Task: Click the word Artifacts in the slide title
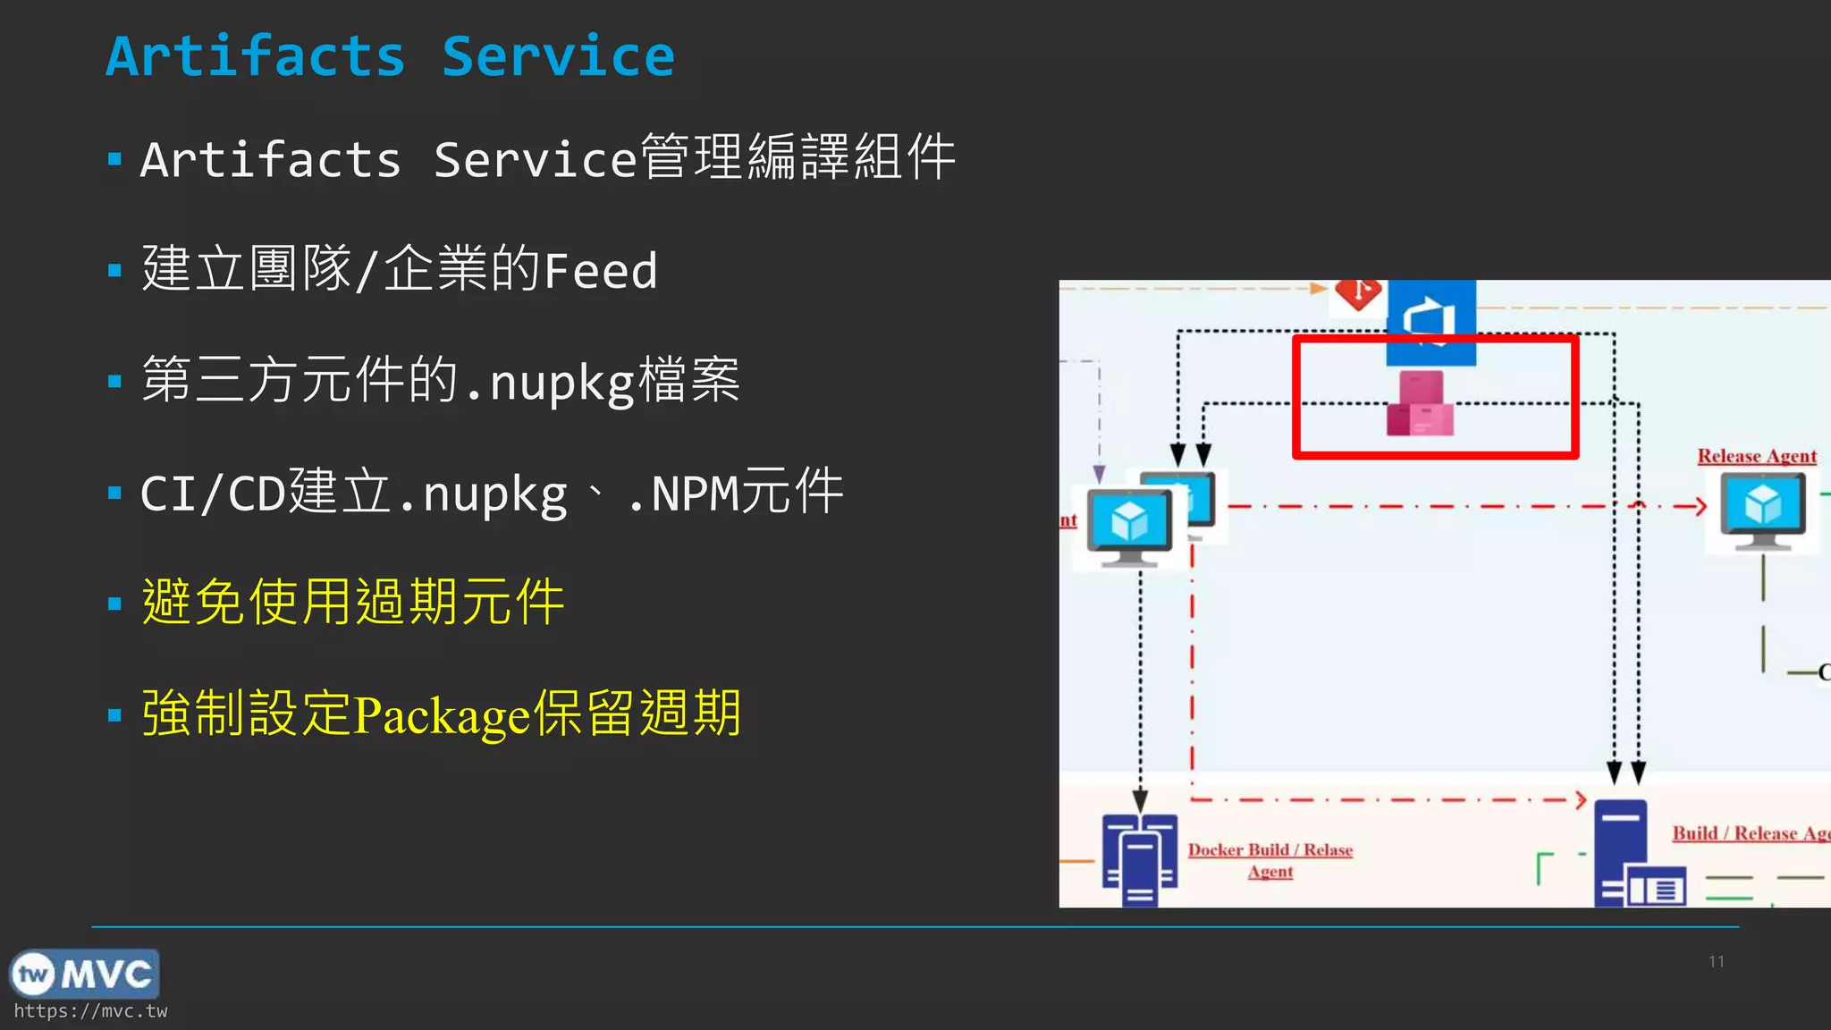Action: (x=256, y=56)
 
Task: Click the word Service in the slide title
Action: (x=558, y=56)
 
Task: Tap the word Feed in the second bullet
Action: (x=601, y=271)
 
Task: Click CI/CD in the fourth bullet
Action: (x=213, y=494)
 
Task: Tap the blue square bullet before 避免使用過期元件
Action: (x=114, y=604)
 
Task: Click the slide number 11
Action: (x=1716, y=961)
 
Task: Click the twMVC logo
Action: (x=84, y=974)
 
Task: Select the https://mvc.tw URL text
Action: (x=90, y=1011)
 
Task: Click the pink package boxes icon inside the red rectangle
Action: (x=1421, y=405)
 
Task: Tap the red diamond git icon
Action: (x=1358, y=292)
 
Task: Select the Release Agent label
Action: (x=1757, y=456)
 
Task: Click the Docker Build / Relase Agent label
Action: (x=1270, y=859)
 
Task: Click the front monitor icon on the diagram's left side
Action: (x=1129, y=528)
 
